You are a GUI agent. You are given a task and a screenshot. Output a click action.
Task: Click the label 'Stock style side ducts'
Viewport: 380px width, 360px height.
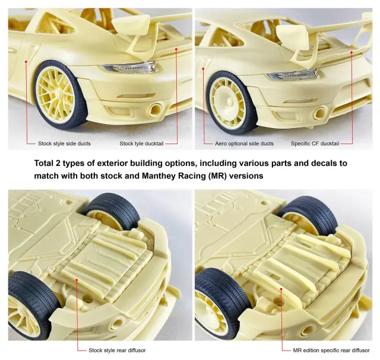coord(64,144)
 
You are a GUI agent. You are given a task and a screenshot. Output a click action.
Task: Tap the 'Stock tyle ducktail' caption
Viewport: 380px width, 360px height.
coord(141,144)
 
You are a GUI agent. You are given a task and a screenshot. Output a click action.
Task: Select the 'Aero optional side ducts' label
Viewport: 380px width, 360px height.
coord(244,144)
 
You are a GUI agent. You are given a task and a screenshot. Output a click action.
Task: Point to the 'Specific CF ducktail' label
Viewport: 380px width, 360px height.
coord(315,144)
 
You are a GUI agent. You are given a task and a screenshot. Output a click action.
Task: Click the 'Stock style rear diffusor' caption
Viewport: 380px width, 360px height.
coord(118,351)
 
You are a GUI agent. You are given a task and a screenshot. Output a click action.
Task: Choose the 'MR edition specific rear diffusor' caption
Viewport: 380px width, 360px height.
coord(331,351)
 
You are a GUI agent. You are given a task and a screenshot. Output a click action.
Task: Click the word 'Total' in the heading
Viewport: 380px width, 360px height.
coord(43,163)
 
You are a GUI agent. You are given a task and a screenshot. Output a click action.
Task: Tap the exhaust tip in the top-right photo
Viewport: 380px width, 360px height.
coord(320,112)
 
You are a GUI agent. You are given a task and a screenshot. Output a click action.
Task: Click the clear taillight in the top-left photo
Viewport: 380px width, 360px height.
coord(129,67)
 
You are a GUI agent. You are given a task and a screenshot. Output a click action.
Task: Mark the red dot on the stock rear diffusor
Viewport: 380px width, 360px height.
coord(77,279)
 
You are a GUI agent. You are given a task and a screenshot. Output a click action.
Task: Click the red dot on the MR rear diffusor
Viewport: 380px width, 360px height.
coord(281,289)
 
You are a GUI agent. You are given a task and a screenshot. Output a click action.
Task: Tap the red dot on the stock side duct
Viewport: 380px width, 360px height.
coord(26,62)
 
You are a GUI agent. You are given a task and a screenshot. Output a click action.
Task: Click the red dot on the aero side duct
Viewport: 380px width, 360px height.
coord(203,69)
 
